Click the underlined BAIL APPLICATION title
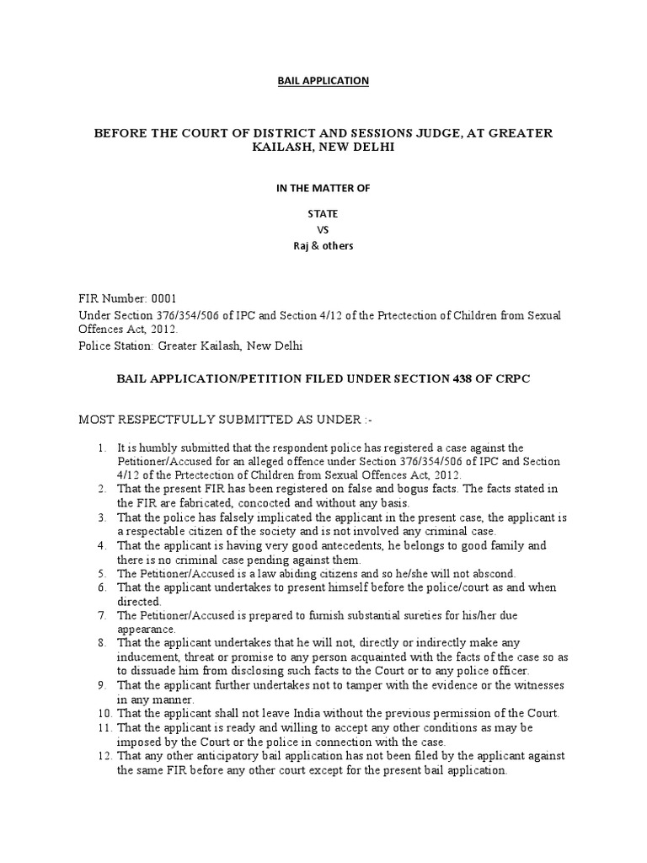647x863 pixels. click(x=323, y=81)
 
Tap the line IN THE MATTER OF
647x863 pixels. click(x=323, y=188)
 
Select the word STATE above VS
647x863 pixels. click(x=323, y=214)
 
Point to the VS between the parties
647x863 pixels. click(x=323, y=230)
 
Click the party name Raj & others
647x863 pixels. click(x=323, y=246)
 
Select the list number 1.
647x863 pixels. click(x=100, y=448)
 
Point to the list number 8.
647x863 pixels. click(x=100, y=643)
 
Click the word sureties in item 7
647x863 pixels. click(x=388, y=615)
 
